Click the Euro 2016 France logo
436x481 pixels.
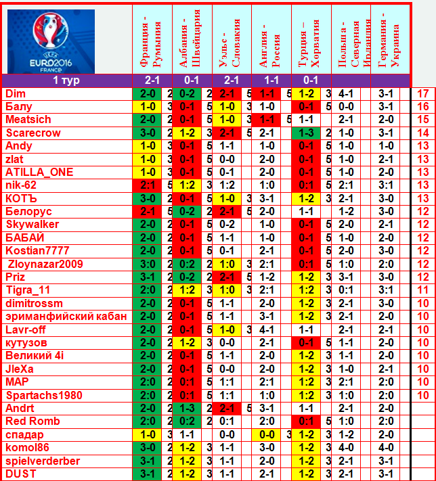51,41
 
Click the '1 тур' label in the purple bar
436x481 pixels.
66,81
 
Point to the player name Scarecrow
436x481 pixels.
33,133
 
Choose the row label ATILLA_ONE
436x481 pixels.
39,172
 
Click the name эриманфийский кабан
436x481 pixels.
66,317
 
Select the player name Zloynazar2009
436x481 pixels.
45,264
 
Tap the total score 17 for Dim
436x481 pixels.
423,93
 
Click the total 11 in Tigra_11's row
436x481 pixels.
423,290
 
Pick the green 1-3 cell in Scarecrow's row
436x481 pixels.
306,133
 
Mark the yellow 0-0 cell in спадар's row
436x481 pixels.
267,435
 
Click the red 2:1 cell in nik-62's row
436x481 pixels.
147,185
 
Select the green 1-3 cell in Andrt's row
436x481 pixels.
187,409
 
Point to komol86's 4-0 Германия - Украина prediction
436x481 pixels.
386,448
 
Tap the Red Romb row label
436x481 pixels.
32,421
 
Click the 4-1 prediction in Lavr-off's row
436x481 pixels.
267,329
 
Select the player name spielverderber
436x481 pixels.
43,461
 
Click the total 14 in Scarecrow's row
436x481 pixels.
423,133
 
